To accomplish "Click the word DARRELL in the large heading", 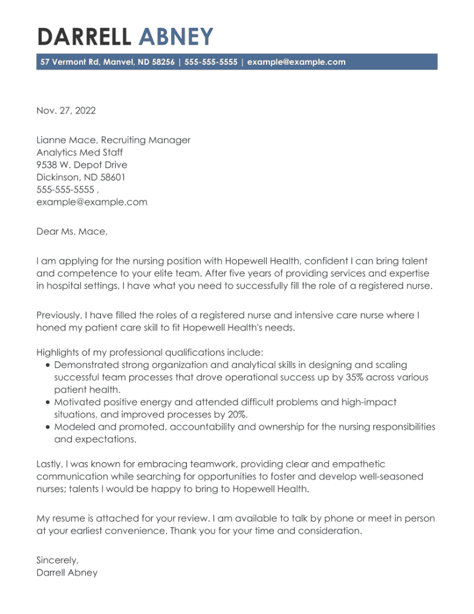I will point(84,37).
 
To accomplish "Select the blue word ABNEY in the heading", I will point(176,37).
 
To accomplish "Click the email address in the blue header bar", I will point(296,62).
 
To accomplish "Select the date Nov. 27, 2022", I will point(66,111).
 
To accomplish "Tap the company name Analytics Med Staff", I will point(79,152).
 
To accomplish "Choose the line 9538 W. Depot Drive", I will point(82,165).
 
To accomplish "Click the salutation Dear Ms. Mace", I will point(72,232).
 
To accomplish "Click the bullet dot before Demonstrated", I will point(48,365).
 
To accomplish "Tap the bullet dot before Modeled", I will point(48,427).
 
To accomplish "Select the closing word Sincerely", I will point(57,560).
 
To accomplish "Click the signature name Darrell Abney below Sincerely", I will point(67,572).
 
